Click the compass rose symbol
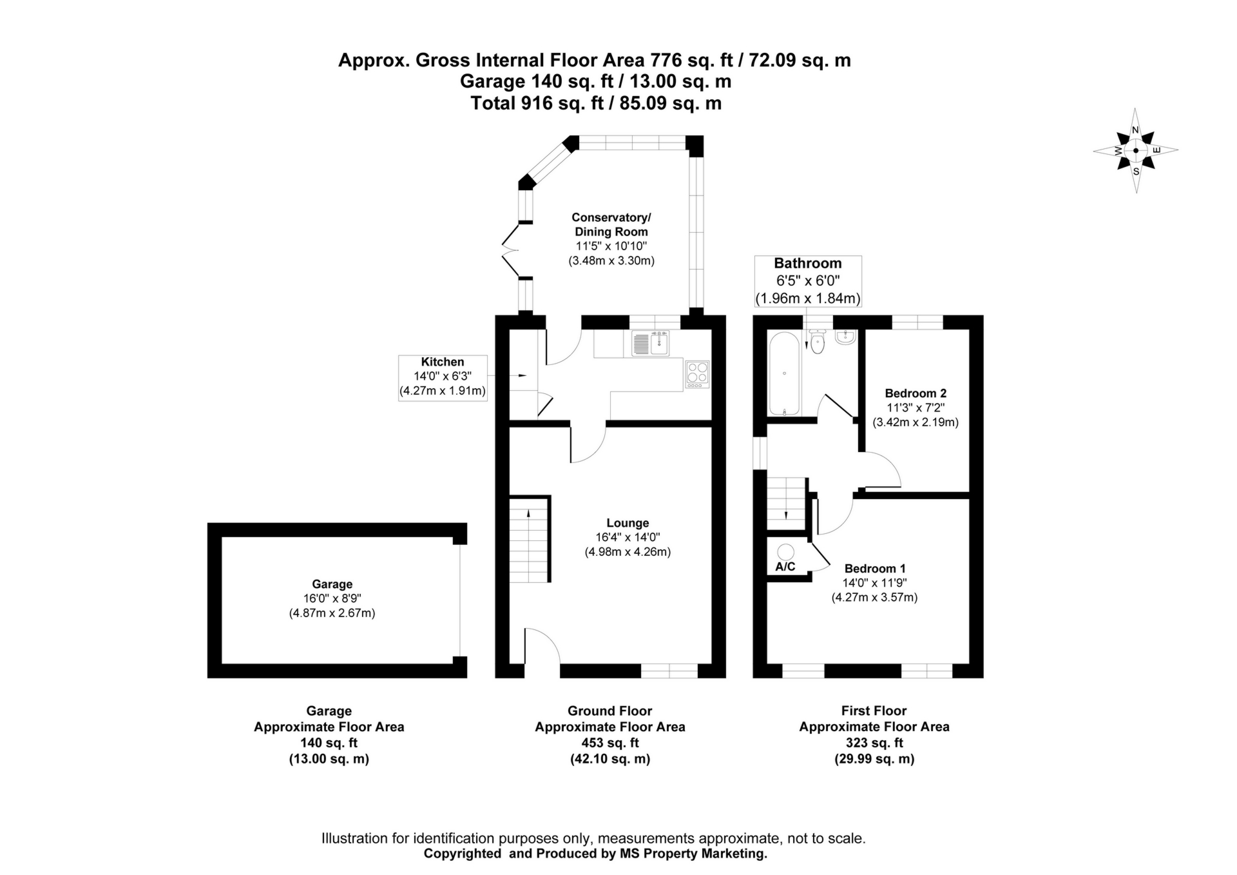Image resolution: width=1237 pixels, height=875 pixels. [x=1135, y=151]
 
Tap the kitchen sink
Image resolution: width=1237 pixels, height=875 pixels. [x=651, y=343]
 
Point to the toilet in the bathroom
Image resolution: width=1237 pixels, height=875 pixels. [x=818, y=342]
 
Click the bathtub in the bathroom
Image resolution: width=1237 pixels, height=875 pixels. [x=784, y=374]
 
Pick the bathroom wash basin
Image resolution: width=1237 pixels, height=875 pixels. [x=845, y=337]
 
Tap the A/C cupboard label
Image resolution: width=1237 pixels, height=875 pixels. [x=785, y=567]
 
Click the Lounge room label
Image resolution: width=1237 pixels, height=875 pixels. [x=628, y=523]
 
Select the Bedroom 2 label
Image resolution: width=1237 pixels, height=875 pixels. [x=916, y=393]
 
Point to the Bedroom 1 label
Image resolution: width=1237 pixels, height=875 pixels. [x=875, y=569]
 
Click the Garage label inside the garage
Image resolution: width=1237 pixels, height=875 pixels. [x=332, y=584]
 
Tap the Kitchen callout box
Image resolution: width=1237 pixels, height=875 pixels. [x=443, y=377]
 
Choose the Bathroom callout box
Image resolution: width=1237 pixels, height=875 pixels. [x=808, y=280]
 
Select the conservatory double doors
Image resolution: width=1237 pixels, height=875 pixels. [x=512, y=250]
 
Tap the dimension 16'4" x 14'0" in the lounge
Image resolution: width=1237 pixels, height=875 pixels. [x=628, y=537]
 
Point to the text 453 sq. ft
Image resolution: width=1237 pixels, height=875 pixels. [x=609, y=743]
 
